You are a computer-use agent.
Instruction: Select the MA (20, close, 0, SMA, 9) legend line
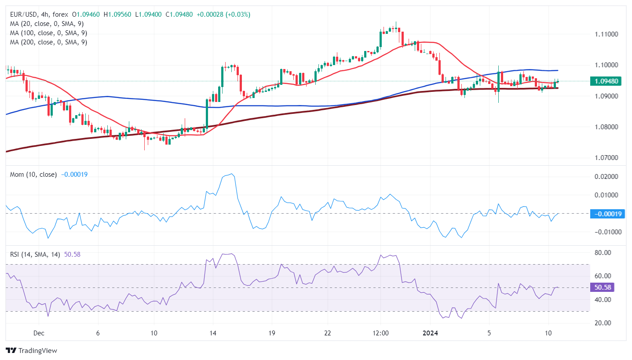pos(47,24)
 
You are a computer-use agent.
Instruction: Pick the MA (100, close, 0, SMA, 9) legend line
pos(48,33)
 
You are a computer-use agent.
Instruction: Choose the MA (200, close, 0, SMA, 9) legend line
pos(48,42)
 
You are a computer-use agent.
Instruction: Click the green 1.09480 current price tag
pos(607,81)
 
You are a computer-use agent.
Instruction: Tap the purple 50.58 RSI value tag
pos(603,287)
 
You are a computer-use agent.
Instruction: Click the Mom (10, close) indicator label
pos(33,175)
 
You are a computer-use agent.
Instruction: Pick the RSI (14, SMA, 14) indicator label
pos(35,254)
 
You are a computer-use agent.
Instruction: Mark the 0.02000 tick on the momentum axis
pos(606,177)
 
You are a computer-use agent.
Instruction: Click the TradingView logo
pos(32,351)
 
